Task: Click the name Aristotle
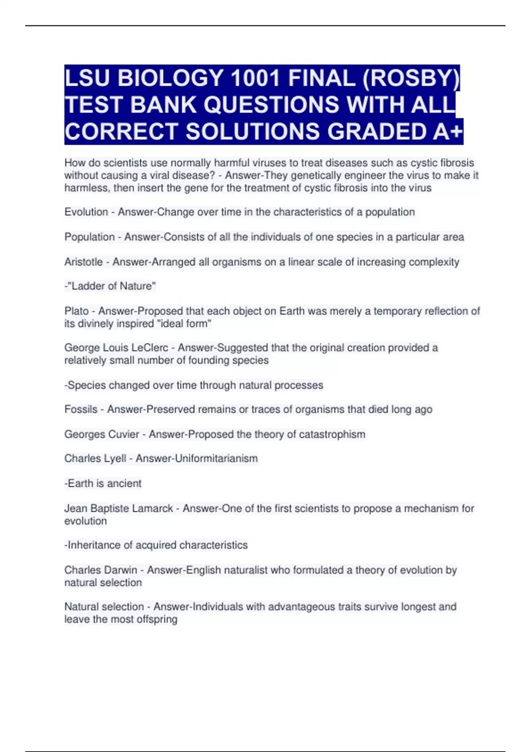(83, 262)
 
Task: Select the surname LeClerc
(150, 348)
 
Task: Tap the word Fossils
(81, 409)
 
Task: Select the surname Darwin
(122, 570)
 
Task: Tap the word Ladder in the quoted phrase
(87, 286)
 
